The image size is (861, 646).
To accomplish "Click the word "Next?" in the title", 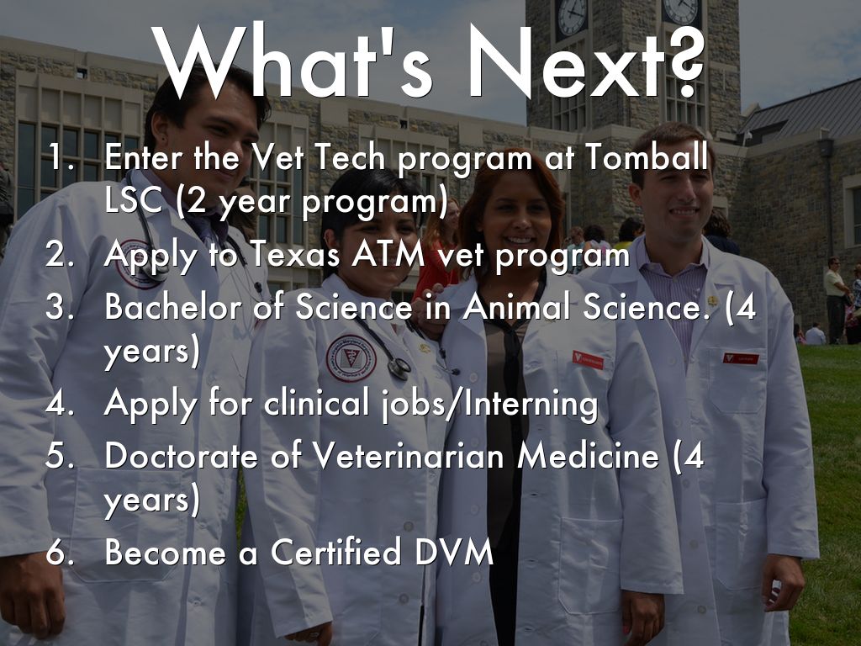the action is [x=586, y=62].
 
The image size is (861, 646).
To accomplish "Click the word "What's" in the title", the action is [x=292, y=61].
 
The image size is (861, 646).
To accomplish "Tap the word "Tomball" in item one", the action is [x=646, y=157].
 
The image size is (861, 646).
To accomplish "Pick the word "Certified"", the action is [x=336, y=552].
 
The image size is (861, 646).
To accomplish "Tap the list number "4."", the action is [x=60, y=404].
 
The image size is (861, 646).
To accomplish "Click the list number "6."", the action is [x=60, y=552].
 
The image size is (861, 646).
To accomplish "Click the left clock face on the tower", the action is [x=572, y=15].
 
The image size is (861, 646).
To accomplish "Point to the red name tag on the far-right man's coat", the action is [x=741, y=358].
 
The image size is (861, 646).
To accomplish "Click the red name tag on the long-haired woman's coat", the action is [x=588, y=360].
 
